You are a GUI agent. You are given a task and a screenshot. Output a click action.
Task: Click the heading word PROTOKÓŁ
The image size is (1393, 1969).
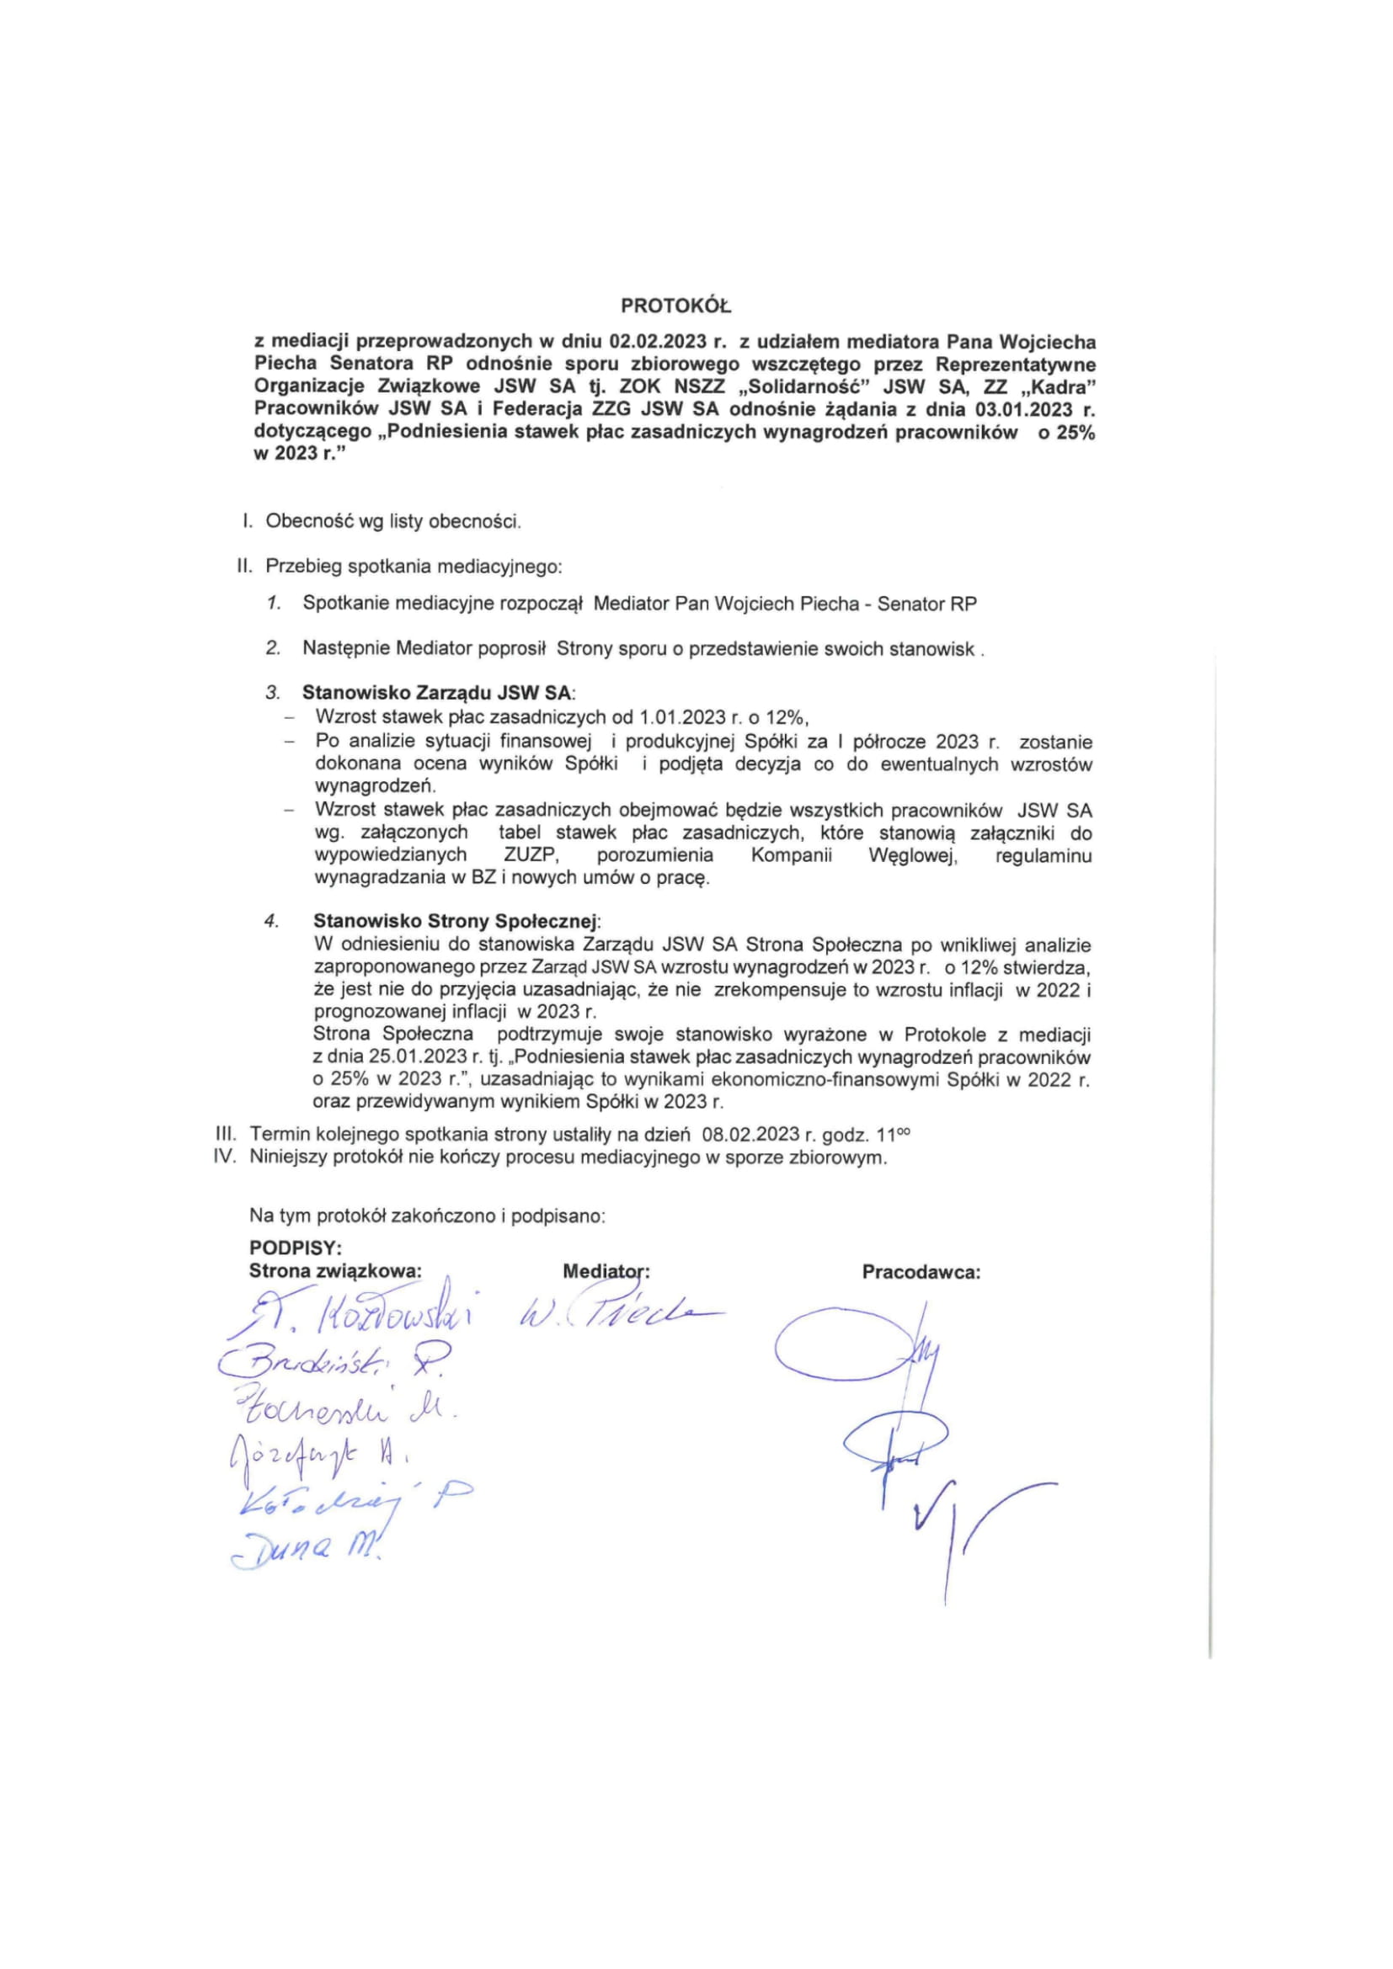(x=677, y=306)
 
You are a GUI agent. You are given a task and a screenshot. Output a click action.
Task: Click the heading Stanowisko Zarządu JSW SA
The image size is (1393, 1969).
(x=438, y=693)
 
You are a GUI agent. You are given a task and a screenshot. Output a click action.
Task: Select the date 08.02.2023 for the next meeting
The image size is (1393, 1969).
(x=750, y=1135)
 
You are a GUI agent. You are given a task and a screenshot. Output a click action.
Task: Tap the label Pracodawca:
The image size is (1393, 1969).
(x=921, y=1272)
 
